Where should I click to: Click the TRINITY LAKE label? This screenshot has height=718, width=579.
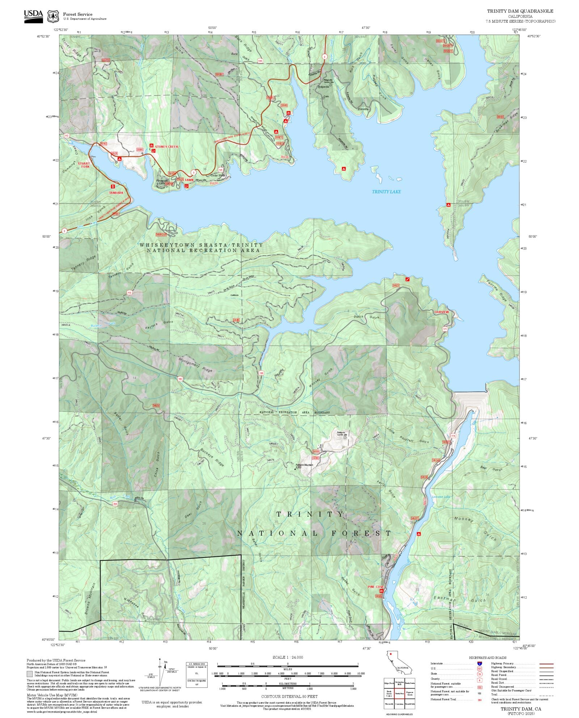pyautogui.click(x=386, y=192)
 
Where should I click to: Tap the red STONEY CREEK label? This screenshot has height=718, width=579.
pyautogui.click(x=167, y=147)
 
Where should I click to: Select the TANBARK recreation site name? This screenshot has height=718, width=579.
pyautogui.click(x=116, y=193)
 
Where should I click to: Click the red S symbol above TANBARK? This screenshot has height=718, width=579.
pyautogui.click(x=113, y=187)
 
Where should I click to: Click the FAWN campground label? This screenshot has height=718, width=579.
pyautogui.click(x=189, y=180)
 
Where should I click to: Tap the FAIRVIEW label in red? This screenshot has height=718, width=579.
pyautogui.click(x=441, y=312)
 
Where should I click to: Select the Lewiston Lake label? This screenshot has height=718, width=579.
pyautogui.click(x=441, y=497)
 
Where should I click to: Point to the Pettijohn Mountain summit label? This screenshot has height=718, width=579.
pyautogui.click(x=304, y=465)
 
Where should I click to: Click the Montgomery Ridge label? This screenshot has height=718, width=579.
pyautogui.click(x=195, y=365)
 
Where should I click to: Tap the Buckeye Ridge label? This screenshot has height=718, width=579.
pyautogui.click(x=212, y=458)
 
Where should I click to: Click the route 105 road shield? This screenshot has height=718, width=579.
pyautogui.click(x=180, y=379)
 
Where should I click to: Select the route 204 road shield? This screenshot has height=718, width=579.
pyautogui.click(x=115, y=504)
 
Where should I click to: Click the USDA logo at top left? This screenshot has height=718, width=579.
pyautogui.click(x=33, y=16)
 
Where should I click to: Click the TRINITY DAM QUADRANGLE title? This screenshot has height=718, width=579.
pyautogui.click(x=520, y=11)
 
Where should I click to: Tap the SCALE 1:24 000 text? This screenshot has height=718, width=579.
pyautogui.click(x=288, y=657)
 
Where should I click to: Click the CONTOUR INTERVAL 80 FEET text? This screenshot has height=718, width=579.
pyautogui.click(x=289, y=696)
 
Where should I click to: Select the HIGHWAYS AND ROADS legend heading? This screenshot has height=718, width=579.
pyautogui.click(x=487, y=658)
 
